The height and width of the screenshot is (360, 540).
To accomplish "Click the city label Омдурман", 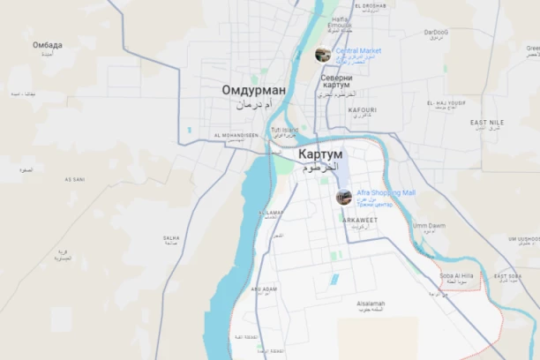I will click(x=253, y=90).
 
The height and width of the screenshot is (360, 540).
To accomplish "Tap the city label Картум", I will click(x=307, y=154).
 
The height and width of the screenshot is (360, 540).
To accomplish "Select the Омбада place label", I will click(x=48, y=45).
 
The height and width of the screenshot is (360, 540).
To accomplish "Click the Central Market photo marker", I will click(x=323, y=54).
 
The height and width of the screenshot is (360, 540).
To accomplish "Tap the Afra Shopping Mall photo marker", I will click(x=344, y=197).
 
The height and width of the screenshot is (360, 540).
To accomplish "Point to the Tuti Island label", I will click(x=284, y=130).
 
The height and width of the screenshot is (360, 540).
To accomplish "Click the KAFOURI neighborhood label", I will click(x=362, y=110).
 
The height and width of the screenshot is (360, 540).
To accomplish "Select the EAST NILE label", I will click(x=487, y=122).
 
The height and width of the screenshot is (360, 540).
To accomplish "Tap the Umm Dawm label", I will click(x=429, y=225).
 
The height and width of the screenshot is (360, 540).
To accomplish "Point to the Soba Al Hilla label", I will click(x=457, y=275).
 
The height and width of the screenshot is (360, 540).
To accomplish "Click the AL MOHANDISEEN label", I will click(x=236, y=135).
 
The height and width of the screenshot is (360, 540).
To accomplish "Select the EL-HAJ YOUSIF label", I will click(x=446, y=103).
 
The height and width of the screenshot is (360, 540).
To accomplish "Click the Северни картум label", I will click(x=337, y=79).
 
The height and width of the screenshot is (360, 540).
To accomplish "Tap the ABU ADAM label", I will click(x=264, y=289).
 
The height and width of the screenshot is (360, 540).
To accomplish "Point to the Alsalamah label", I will click(x=371, y=302).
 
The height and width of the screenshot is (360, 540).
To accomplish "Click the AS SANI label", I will click(x=75, y=179).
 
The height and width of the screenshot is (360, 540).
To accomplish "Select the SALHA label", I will click(x=171, y=237).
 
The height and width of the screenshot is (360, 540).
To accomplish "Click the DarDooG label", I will click(x=435, y=33).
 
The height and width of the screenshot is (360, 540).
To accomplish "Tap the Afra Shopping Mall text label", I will click(x=386, y=192).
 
